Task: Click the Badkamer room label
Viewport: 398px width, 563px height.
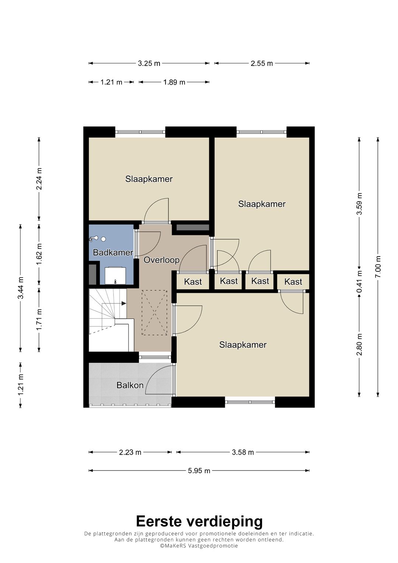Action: coord(113,252)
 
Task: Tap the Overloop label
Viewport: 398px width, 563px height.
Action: coord(161,260)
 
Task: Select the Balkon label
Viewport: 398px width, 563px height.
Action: coord(130,385)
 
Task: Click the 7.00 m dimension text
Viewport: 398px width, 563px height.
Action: coord(378,267)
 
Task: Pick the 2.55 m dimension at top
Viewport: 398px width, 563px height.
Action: coord(262,63)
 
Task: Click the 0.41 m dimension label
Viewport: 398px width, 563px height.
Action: coord(359,282)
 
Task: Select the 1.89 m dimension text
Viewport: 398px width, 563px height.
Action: coord(174,82)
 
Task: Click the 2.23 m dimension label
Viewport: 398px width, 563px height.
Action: coord(130,452)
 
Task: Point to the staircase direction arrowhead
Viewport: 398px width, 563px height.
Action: coord(123,303)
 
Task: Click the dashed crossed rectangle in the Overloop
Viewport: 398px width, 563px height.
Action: coord(154,312)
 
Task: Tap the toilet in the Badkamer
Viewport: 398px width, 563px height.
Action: coord(115,276)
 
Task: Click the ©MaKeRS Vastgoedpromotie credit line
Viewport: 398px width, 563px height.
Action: coord(199,546)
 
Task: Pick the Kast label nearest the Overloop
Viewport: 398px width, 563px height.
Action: coord(193,282)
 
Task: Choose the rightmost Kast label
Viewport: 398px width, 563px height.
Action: coord(293,282)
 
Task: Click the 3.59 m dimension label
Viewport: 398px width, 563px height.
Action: coord(359,204)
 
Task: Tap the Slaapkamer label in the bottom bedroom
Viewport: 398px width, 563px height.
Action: coord(243,345)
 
